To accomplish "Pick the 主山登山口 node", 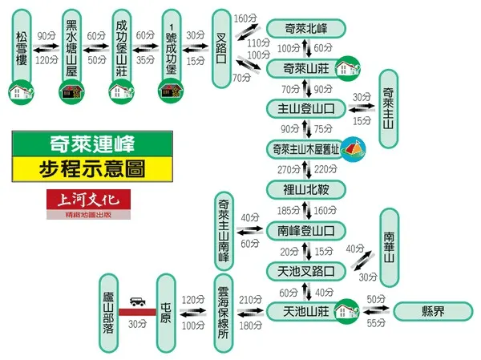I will [305, 107].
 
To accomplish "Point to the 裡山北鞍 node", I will [305, 190].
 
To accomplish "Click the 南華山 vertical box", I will [389, 247].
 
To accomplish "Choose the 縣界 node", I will [433, 311].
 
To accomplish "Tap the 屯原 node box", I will [166, 311].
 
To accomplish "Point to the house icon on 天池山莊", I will [346, 309].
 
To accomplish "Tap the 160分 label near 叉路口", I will [245, 18].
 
